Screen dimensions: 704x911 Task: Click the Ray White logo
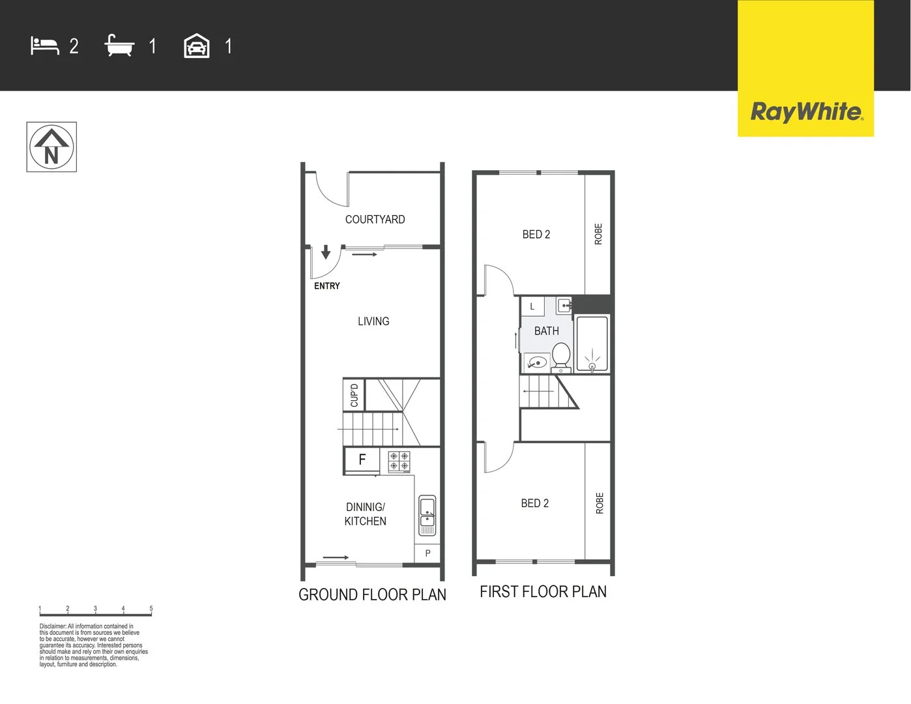[806, 111]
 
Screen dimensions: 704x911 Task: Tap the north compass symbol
[51, 147]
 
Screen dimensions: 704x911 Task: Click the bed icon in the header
[44, 46]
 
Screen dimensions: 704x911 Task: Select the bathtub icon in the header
[119, 46]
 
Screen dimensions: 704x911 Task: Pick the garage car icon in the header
[196, 46]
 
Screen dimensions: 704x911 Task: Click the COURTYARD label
[375, 220]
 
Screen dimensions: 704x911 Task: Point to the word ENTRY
[326, 286]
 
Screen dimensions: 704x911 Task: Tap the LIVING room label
[373, 321]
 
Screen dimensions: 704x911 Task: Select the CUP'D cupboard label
[354, 395]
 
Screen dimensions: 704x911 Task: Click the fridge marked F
[362, 460]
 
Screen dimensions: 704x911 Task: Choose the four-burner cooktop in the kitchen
[399, 462]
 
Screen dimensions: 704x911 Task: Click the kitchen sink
[427, 512]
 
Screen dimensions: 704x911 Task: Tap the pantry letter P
[427, 553]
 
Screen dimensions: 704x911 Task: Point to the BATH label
[546, 331]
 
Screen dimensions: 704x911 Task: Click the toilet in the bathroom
[561, 357]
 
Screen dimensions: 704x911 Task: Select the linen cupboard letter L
[532, 306]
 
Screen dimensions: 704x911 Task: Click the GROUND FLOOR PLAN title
[372, 594]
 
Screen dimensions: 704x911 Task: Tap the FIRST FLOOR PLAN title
[543, 592]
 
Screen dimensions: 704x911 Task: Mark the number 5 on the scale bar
[151, 609]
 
